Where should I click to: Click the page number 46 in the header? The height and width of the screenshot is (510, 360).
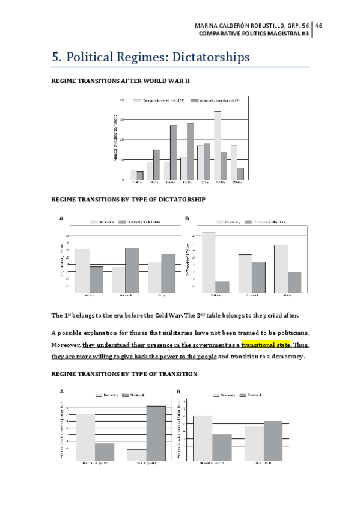coord(319,25)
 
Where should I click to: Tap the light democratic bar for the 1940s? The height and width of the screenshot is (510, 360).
coord(133,174)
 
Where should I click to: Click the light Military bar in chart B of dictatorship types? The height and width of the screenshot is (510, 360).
coord(209,262)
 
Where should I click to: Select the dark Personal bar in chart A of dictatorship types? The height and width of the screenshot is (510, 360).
coord(132,270)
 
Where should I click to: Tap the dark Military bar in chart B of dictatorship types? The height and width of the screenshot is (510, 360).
coord(222,287)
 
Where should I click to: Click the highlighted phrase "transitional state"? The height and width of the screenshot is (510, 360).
coord(266,345)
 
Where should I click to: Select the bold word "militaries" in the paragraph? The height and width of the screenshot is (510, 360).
coord(183,333)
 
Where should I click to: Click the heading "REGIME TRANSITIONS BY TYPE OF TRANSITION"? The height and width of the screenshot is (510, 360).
coord(124,374)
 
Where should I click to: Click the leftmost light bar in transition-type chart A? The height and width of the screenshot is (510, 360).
coord(85,437)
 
